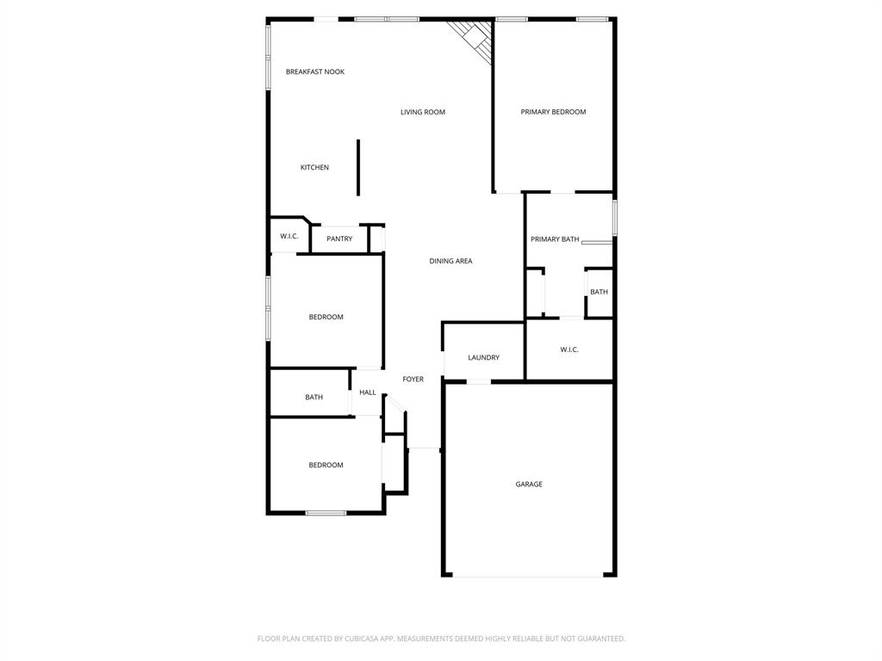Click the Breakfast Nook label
point(315,71)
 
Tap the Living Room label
point(423,112)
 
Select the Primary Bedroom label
point(553,112)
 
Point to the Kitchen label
point(314,168)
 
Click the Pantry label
point(339,238)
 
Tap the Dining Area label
point(450,261)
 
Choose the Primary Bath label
point(555,239)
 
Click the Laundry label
point(483,358)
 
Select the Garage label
point(529,485)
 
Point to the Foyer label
point(413,379)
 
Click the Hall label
point(368,392)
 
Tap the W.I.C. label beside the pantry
point(289,236)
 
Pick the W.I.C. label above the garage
point(569,349)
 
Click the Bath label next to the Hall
point(314,397)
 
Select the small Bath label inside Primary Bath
point(599,292)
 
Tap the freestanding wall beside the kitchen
point(358,168)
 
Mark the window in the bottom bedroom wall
point(326,513)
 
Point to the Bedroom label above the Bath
point(326,317)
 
